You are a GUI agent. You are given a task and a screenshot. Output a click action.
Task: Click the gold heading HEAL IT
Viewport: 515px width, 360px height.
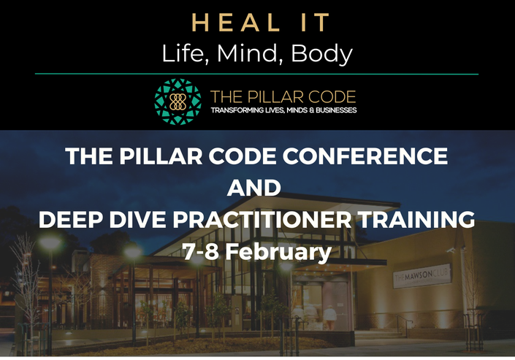click(261, 23)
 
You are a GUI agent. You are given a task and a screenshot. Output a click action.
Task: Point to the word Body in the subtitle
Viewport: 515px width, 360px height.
click(322, 54)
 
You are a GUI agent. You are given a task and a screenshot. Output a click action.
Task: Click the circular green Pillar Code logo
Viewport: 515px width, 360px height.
click(178, 102)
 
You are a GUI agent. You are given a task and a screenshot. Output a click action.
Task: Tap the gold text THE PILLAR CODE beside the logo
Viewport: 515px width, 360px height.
click(283, 97)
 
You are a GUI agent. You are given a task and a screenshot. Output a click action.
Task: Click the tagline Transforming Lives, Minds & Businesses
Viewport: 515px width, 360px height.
click(283, 110)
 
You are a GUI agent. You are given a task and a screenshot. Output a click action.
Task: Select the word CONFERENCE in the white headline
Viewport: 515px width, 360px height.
click(365, 156)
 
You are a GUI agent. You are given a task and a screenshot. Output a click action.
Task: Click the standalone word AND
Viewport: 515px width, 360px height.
click(254, 188)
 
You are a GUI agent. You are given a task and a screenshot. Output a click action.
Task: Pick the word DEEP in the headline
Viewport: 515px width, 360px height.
click(70, 219)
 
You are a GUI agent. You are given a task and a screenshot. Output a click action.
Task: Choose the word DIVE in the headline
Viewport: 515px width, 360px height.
click(137, 219)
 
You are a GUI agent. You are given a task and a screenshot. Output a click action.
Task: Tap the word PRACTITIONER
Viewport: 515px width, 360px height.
click(262, 219)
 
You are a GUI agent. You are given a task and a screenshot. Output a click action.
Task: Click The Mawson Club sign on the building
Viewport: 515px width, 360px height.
click(422, 276)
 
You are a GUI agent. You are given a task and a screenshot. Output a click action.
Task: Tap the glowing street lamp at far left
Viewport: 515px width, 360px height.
click(50, 243)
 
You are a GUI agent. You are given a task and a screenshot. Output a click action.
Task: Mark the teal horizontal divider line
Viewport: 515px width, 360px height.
click(256, 74)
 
